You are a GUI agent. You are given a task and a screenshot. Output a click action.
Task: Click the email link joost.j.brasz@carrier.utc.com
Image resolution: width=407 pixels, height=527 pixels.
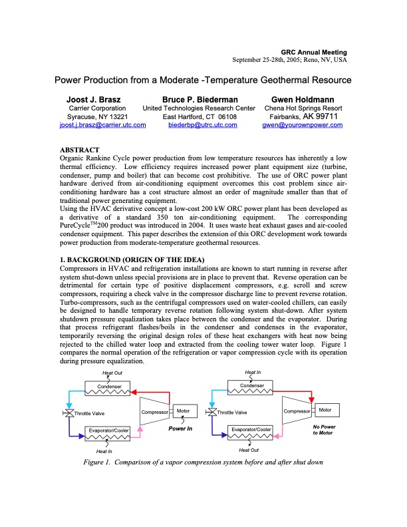[x=93, y=125]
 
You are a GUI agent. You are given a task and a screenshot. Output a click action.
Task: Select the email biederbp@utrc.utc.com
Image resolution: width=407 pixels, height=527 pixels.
[x=202, y=125]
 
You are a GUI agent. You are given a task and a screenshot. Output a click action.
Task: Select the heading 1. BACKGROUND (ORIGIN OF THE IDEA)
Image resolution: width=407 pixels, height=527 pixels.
[x=133, y=258]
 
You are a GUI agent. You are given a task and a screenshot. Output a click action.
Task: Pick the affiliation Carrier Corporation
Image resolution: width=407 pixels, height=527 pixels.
[x=98, y=108]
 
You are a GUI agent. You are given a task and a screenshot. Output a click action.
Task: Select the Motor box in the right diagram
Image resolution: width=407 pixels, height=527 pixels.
[x=325, y=410]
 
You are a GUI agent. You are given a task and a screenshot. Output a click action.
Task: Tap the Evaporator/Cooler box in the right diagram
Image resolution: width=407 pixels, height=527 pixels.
[x=252, y=430]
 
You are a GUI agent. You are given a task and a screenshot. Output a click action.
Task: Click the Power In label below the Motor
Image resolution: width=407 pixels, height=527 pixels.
[x=180, y=428]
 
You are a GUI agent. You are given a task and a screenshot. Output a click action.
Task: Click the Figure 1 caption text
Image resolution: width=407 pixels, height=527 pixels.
[x=203, y=462]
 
